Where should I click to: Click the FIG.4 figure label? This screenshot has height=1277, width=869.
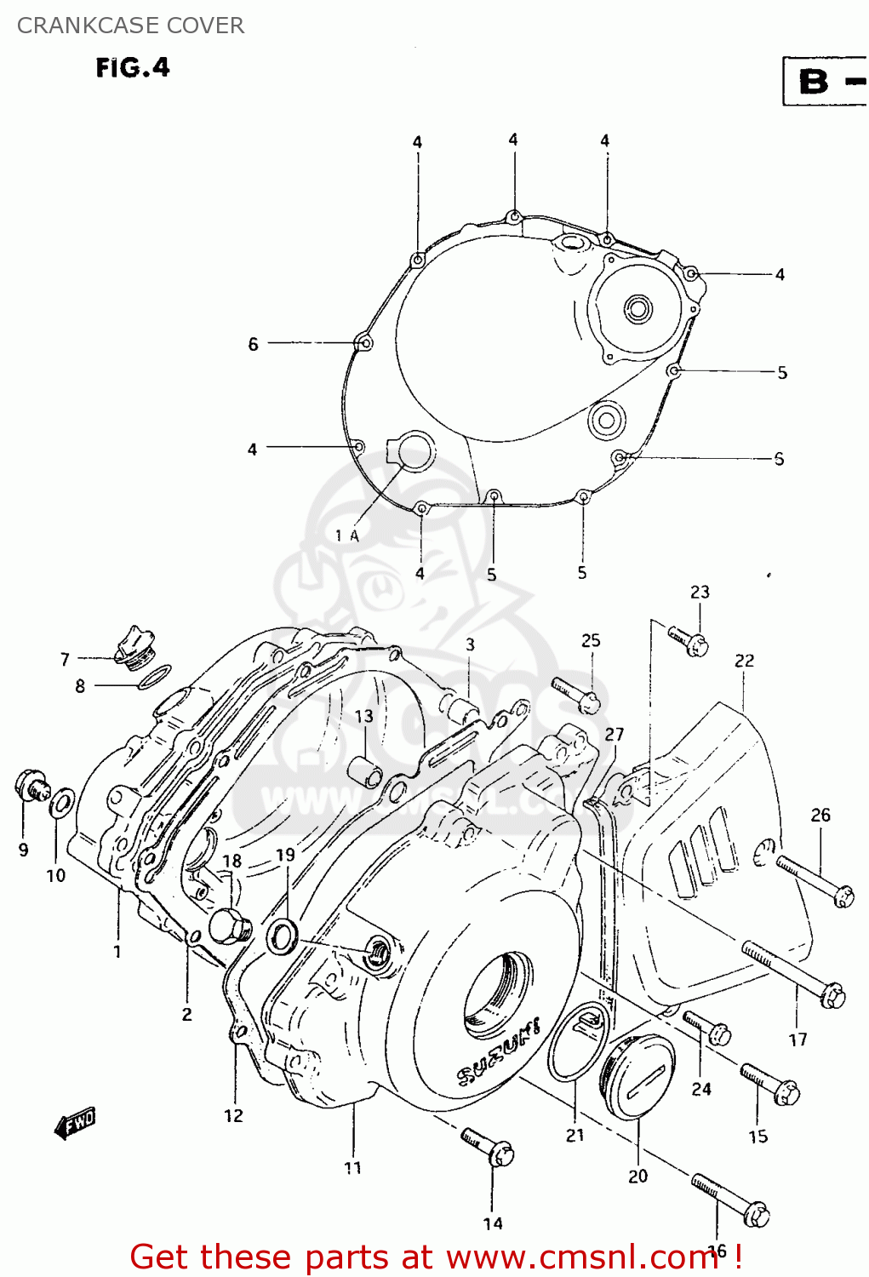tap(133, 68)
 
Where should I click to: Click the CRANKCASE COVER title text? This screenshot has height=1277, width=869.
tap(130, 26)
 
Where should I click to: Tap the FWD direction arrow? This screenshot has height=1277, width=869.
tap(75, 1123)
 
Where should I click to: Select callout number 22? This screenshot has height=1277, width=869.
tap(744, 661)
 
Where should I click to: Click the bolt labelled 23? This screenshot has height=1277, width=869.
tap(689, 641)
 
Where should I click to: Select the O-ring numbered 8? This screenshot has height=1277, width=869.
tap(154, 679)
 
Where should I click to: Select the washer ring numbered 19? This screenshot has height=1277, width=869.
tap(282, 936)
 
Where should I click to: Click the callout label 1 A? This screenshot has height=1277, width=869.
tap(347, 535)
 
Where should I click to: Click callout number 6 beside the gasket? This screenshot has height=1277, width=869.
tap(253, 344)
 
